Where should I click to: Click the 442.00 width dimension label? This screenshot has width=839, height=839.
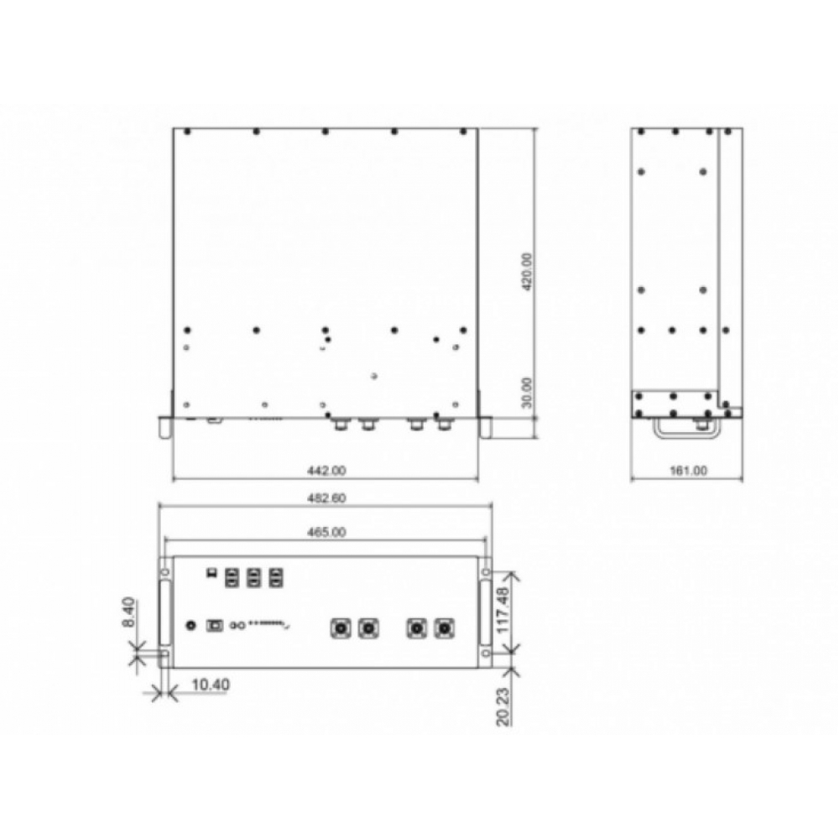(x=324, y=472)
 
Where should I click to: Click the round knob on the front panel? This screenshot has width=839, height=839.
(x=192, y=625)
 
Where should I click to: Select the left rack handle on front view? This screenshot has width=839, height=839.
(x=165, y=612)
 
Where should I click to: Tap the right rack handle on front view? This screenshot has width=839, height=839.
(x=486, y=612)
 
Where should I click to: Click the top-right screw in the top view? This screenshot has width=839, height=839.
(x=462, y=133)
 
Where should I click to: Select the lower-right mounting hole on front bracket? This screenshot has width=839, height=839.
(x=486, y=652)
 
